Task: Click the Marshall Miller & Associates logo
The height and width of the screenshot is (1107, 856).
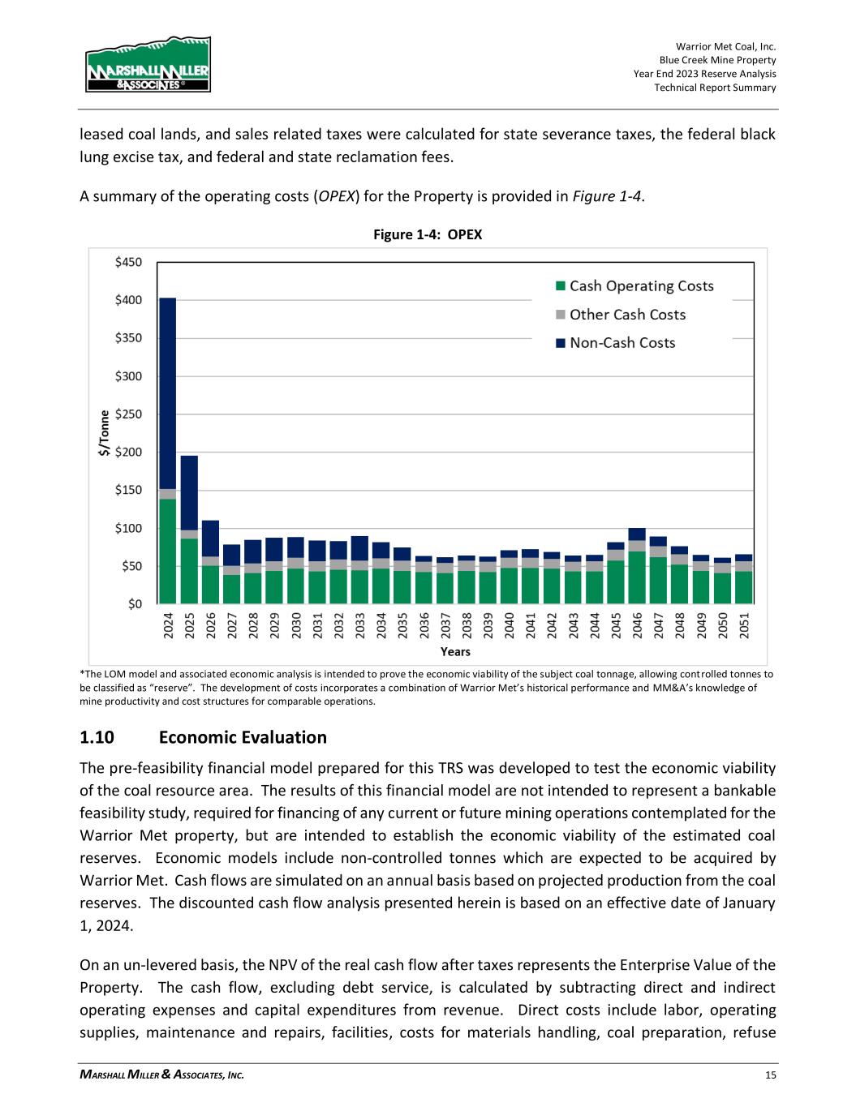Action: tap(148, 65)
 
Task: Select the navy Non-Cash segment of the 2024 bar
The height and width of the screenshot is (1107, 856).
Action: tap(168, 393)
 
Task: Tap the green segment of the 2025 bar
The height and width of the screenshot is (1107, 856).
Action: tap(189, 571)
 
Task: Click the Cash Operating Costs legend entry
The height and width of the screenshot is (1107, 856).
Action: tap(634, 286)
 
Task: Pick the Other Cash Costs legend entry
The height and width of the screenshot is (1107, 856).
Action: tap(620, 315)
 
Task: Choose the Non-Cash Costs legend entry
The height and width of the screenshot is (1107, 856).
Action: tap(615, 343)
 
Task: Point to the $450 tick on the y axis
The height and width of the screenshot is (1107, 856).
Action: tap(128, 262)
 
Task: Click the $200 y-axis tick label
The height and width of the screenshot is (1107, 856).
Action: tap(128, 452)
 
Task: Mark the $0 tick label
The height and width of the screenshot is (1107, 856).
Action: tap(134, 604)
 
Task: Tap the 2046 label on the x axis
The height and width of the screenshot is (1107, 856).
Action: tap(638, 627)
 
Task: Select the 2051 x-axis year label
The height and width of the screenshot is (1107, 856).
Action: tap(744, 627)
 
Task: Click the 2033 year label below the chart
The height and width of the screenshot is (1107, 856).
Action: tap(360, 627)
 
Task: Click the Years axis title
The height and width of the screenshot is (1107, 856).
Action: tap(455, 651)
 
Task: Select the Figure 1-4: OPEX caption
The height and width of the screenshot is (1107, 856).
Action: tap(428, 234)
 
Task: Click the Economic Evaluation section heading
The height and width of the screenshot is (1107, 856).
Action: tap(243, 737)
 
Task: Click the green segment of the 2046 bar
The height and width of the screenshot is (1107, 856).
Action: tap(637, 577)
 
